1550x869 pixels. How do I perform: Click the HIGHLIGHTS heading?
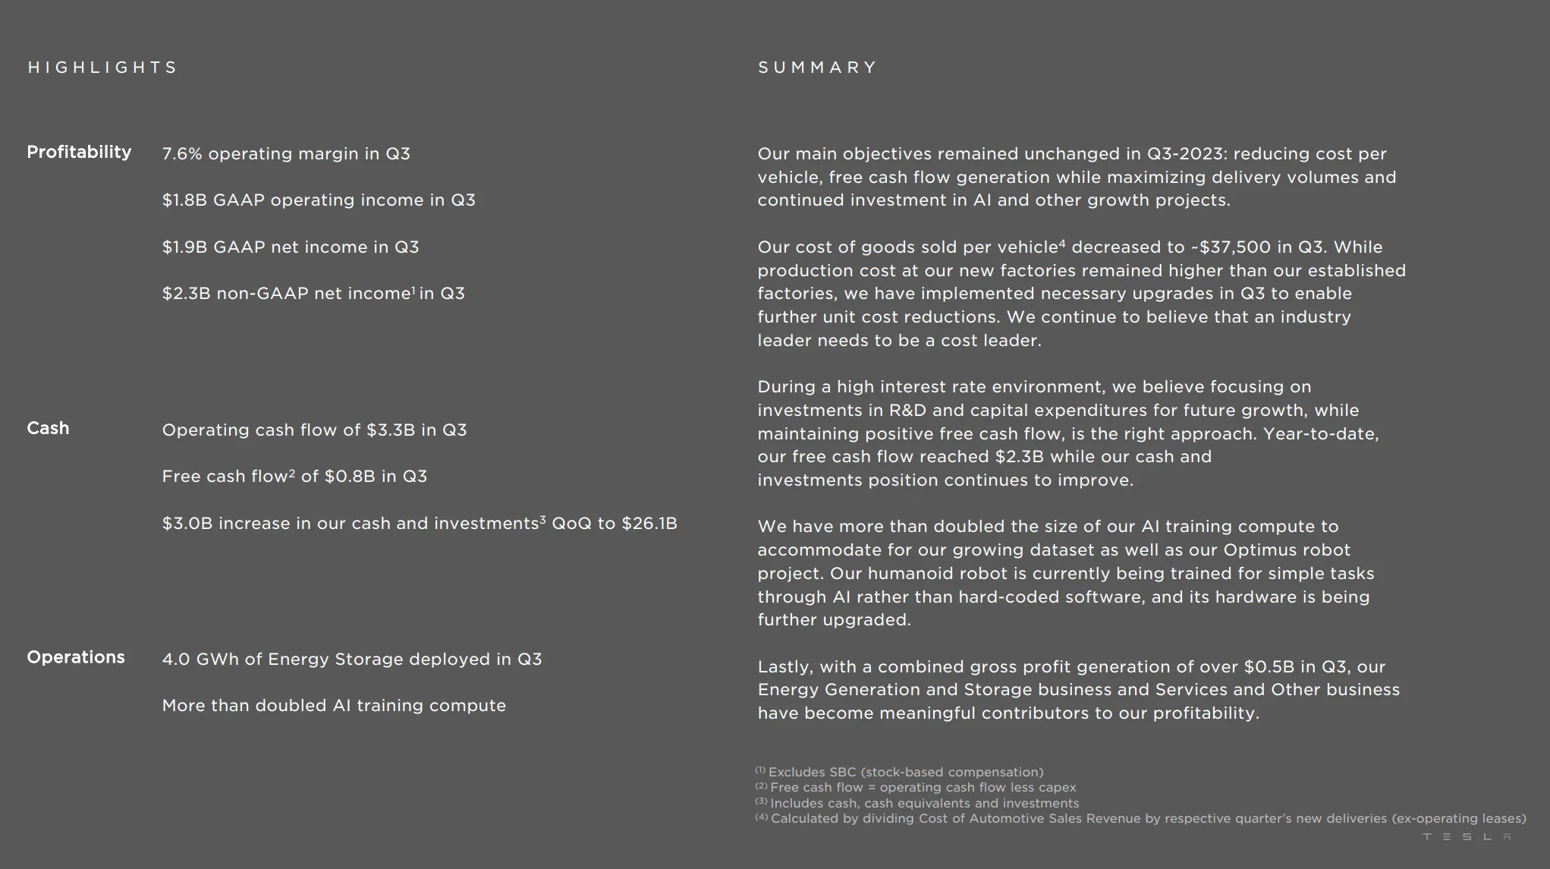pos(102,68)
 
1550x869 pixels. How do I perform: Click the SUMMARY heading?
pos(817,68)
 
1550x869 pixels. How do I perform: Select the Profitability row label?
pos(79,152)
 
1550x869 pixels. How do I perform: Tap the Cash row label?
pos(48,428)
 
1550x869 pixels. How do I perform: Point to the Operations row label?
pos(76,657)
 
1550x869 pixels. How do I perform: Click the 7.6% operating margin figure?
pos(182,153)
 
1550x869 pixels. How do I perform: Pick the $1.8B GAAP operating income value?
pos(184,200)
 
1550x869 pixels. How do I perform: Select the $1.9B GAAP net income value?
pos(184,247)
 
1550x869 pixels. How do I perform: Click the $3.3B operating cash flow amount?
pos(391,430)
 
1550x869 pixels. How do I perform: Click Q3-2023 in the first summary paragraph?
pos(1184,154)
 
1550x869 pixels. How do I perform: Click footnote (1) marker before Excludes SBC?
pos(760,770)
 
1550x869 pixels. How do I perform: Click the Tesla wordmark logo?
pos(1467,836)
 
